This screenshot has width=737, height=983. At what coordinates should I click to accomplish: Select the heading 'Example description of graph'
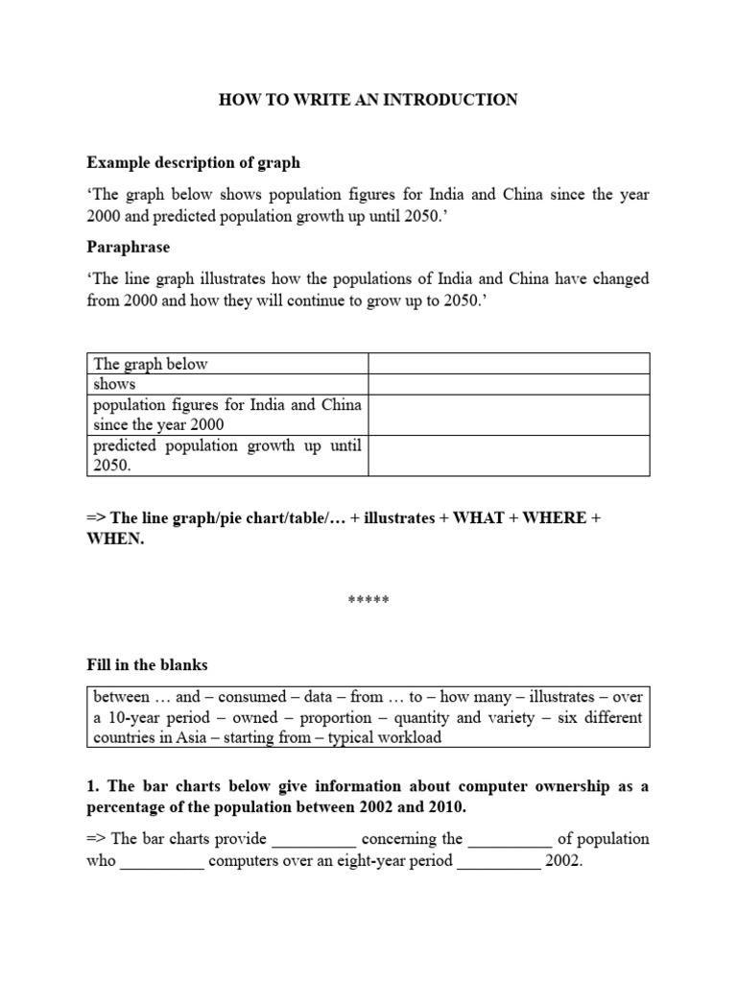point(193,161)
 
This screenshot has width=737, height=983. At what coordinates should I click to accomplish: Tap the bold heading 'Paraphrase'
point(129,247)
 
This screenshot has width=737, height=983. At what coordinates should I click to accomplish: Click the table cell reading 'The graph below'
point(151,364)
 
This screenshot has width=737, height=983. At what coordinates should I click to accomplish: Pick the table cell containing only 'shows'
point(114,384)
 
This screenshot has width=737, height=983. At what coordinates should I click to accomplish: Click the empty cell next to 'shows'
point(509,384)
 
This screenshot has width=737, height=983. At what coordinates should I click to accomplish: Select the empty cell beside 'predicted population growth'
point(509,455)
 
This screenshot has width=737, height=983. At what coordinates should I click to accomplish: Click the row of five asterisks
point(368,601)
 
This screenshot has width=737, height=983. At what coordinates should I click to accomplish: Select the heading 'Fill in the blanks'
point(147,664)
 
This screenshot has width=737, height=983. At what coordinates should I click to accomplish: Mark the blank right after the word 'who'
point(162,861)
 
